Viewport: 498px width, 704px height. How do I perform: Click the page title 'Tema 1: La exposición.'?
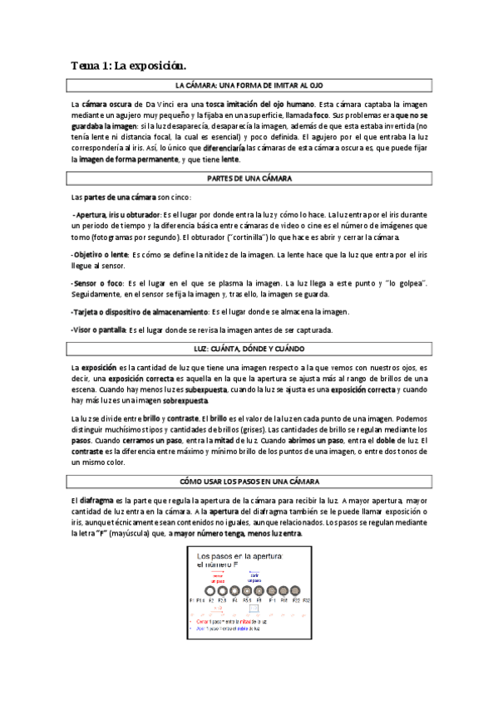tap(128, 65)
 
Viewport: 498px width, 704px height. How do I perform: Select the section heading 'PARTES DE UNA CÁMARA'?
tap(248, 178)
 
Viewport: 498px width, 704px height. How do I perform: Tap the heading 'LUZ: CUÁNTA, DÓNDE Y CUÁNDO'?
tap(248, 348)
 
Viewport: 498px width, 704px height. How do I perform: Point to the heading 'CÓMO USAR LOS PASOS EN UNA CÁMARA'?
tap(248, 482)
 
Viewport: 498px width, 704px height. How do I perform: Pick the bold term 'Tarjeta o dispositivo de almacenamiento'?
tap(140, 312)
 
